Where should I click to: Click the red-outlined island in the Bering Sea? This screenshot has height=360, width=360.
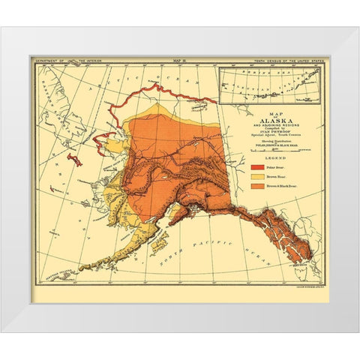click(74, 160)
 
